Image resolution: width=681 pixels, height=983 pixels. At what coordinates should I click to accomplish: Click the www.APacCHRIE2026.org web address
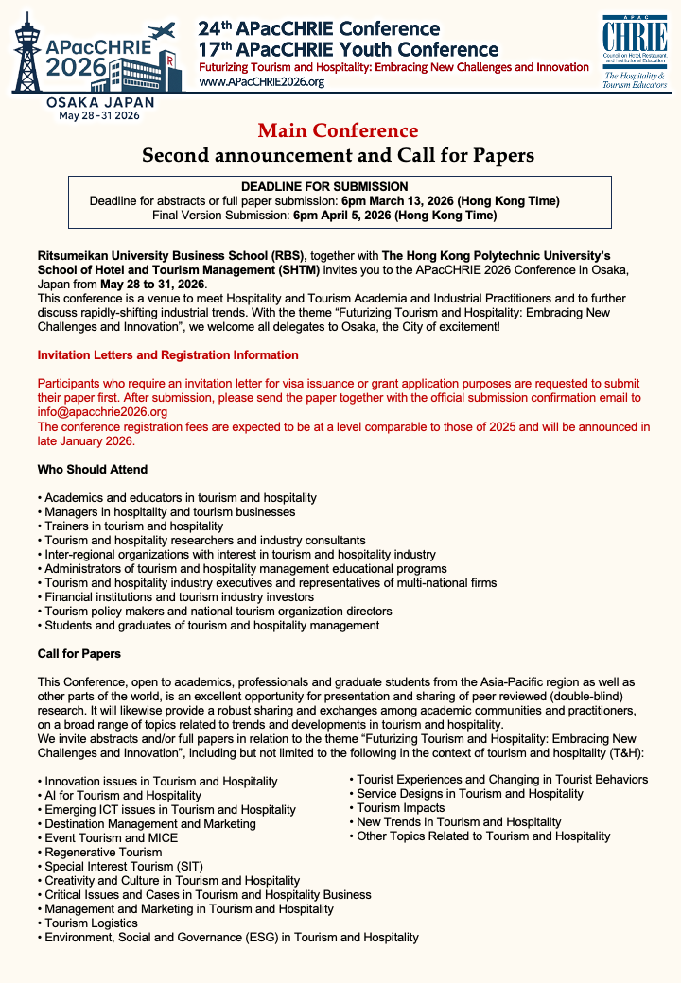point(261,82)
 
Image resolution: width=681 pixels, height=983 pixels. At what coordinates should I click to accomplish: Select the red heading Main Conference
point(338,130)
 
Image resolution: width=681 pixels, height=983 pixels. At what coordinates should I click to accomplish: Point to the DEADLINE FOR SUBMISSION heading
point(338,187)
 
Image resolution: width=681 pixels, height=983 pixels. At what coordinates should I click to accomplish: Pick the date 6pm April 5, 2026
point(394,216)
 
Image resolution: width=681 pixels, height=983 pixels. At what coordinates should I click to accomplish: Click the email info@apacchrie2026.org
point(102,412)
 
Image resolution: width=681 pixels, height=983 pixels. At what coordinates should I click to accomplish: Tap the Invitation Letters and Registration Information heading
point(167,355)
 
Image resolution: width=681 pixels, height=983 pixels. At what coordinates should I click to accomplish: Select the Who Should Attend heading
point(92,470)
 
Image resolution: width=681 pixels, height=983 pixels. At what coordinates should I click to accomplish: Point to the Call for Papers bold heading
point(79,654)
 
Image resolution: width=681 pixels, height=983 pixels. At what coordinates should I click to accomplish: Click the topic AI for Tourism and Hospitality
point(123,796)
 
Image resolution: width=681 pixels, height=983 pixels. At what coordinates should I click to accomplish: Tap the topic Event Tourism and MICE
point(112,838)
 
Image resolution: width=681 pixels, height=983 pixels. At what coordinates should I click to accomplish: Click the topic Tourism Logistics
point(91,923)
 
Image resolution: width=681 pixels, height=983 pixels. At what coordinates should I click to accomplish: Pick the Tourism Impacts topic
point(400,808)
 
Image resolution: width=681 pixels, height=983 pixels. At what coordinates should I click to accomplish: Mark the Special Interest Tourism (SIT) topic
point(124,867)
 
